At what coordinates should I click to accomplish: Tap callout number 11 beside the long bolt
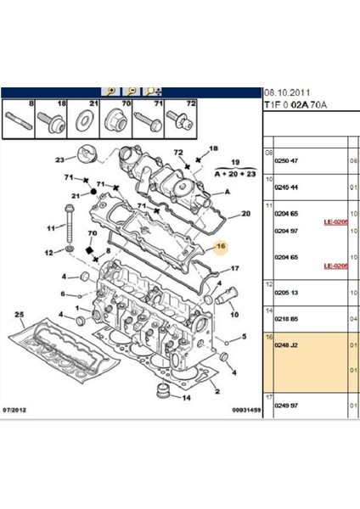pos(49,228)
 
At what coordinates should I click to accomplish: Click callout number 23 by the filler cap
pos(59,159)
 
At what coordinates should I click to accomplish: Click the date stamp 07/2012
pos(19,411)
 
